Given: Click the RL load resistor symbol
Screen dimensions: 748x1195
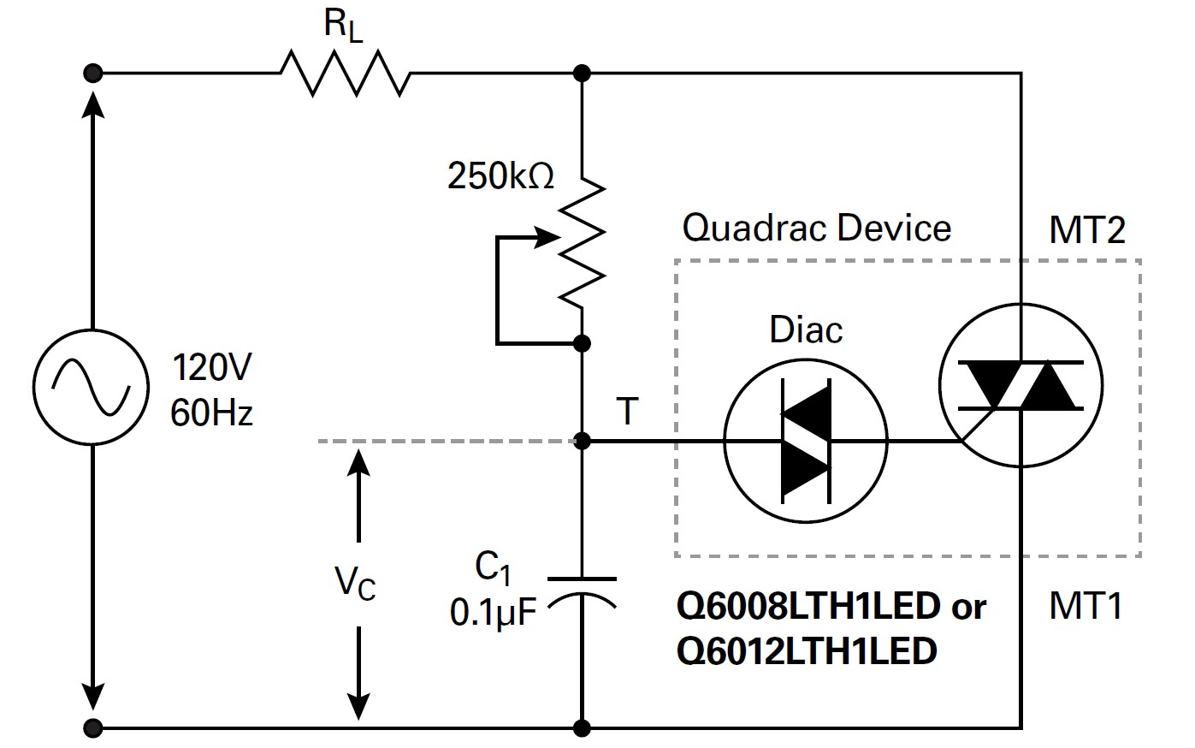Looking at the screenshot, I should point(345,73).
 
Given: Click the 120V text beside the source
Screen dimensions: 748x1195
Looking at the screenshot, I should point(211,369).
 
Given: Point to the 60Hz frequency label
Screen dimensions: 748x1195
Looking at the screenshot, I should point(211,414).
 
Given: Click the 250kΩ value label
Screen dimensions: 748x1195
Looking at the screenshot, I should point(500,176).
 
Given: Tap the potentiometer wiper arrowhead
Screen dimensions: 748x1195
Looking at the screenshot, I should point(547,239).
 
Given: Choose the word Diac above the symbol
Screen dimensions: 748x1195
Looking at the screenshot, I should point(806,330).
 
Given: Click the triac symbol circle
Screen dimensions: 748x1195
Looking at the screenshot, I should point(1020,386).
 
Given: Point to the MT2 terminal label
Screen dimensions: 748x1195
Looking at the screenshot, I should point(1086,230).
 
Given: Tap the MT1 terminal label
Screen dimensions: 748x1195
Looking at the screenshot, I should point(1085,606).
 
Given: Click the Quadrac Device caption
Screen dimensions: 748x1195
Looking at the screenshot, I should point(816,229).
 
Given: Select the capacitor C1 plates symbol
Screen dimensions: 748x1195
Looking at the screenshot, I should point(582,591).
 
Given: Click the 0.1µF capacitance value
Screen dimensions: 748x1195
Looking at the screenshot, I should point(493,613).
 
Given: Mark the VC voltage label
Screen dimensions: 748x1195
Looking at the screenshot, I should point(355,584).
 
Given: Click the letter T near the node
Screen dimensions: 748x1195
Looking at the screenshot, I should point(627,413).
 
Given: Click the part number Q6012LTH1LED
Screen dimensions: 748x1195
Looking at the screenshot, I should point(806,652).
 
